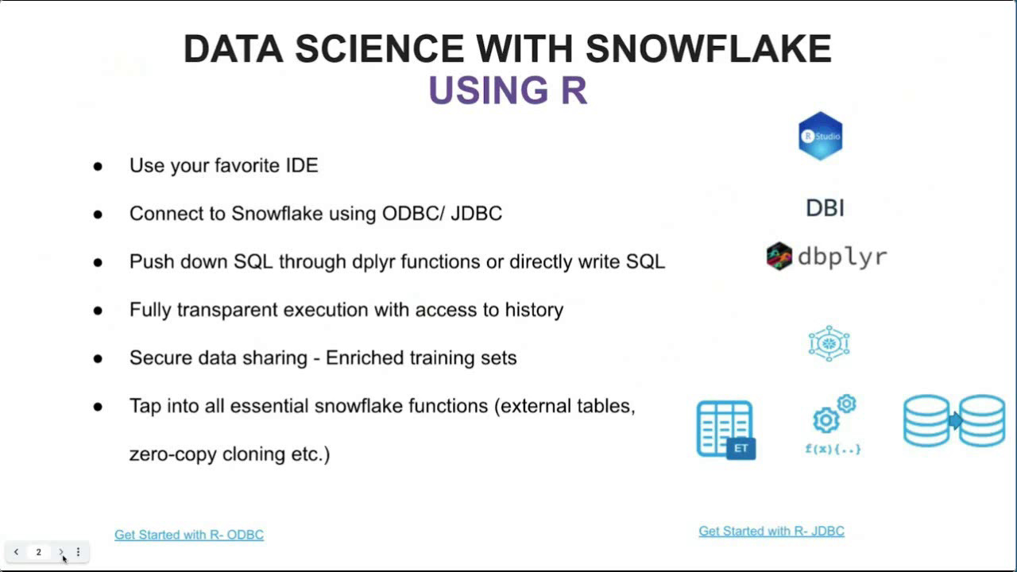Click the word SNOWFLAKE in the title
pyautogui.click(x=709, y=49)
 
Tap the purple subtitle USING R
pyautogui.click(x=508, y=91)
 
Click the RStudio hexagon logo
pyautogui.click(x=820, y=136)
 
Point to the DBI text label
pyautogui.click(x=825, y=208)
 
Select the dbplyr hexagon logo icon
pyautogui.click(x=779, y=257)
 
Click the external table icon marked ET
pyautogui.click(x=725, y=430)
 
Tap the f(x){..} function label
pyautogui.click(x=833, y=449)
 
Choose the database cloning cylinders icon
pyautogui.click(x=954, y=420)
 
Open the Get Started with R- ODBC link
pyautogui.click(x=189, y=535)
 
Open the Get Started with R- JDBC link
pyautogui.click(x=771, y=531)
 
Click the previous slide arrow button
pyautogui.click(x=16, y=552)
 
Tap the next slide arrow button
pyautogui.click(x=61, y=552)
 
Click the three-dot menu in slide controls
pyautogui.click(x=78, y=552)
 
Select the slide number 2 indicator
pyautogui.click(x=38, y=552)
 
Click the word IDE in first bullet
pyautogui.click(x=301, y=165)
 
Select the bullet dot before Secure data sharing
pyautogui.click(x=98, y=358)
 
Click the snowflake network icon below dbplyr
pyautogui.click(x=829, y=343)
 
